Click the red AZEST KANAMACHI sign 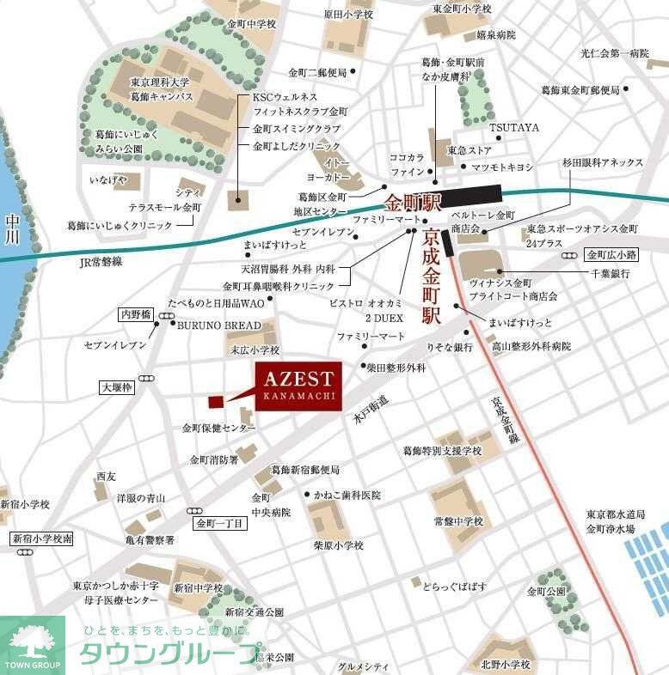pyautogui.click(x=298, y=385)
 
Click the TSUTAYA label pyautogui.click(x=514, y=128)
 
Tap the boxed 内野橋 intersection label pyautogui.click(x=135, y=315)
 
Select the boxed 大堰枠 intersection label pyautogui.click(x=115, y=388)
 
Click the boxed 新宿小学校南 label pyautogui.click(x=42, y=538)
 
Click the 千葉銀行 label pyautogui.click(x=611, y=274)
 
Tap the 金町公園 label pyautogui.click(x=547, y=592)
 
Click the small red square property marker pyautogui.click(x=216, y=401)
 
